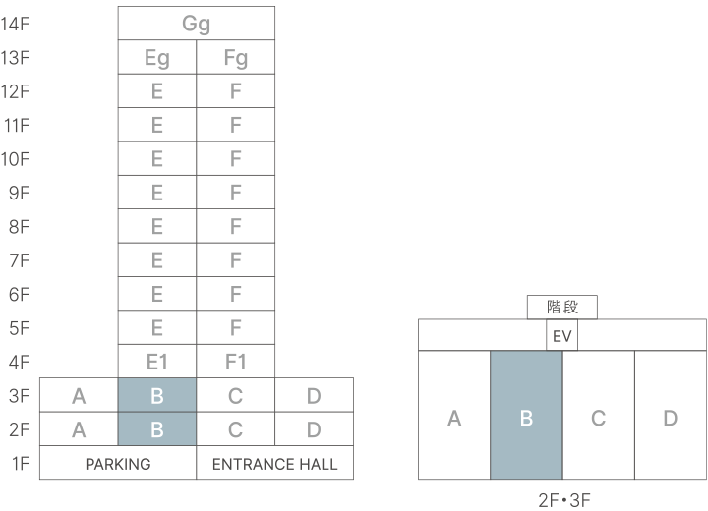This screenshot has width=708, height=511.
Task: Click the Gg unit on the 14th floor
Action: tap(197, 24)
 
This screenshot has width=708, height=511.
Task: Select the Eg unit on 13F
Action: tap(157, 58)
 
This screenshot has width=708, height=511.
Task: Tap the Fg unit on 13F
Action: tap(236, 58)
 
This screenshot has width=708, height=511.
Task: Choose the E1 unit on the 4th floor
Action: tap(157, 362)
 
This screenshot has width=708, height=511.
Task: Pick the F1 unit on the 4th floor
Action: tap(236, 362)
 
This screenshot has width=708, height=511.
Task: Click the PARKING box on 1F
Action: tap(118, 463)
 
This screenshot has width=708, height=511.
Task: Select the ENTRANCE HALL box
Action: tap(275, 463)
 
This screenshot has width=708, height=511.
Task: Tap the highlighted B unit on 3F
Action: tap(157, 396)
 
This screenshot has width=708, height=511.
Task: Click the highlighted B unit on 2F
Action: tap(157, 429)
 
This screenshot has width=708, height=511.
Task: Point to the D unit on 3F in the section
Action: tap(314, 396)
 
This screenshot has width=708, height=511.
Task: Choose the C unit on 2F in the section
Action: tap(236, 429)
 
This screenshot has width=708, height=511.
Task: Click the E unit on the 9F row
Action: tap(157, 193)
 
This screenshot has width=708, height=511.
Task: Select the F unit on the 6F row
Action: tap(236, 294)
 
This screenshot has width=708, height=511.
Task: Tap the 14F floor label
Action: tap(18, 24)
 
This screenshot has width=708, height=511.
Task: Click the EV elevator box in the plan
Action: tap(562, 336)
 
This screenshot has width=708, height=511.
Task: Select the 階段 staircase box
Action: tap(562, 308)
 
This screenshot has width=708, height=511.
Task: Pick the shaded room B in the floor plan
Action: tap(526, 418)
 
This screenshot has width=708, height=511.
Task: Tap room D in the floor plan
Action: tap(671, 418)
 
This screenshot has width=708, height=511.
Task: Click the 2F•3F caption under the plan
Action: tap(562, 500)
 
